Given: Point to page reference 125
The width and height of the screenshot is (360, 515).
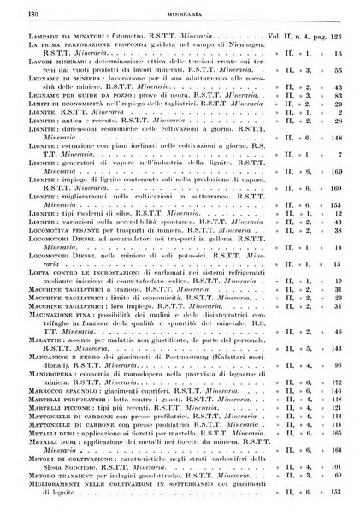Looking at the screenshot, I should click(x=339, y=38).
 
